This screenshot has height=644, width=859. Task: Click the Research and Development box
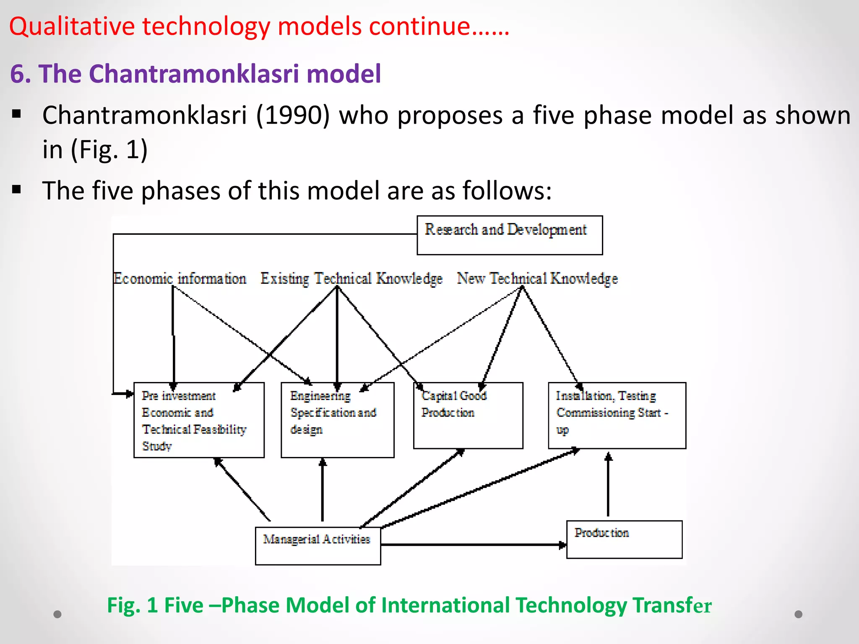(509, 235)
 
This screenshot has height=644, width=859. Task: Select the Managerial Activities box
(318, 545)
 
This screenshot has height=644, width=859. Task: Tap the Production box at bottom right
(624, 539)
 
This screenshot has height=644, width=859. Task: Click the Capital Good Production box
(468, 415)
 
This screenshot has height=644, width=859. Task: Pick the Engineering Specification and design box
(337, 420)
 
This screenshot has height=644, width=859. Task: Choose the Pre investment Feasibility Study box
(198, 420)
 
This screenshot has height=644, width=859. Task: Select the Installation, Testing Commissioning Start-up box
(617, 415)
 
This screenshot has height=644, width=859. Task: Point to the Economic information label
(180, 278)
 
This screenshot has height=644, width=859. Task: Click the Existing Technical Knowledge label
(351, 278)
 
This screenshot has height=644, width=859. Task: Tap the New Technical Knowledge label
(537, 278)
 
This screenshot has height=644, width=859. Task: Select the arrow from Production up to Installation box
(608, 486)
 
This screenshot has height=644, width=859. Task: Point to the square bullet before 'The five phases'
(17, 190)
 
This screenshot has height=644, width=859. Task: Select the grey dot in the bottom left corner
(57, 614)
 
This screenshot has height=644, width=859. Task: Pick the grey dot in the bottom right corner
(798, 614)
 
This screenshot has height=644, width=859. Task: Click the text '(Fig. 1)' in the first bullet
(109, 149)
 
